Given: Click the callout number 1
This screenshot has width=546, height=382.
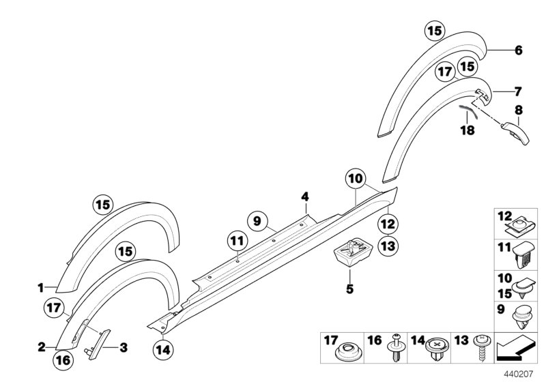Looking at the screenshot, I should (x=40, y=287).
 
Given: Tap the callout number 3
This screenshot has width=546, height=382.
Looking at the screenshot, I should (x=124, y=347).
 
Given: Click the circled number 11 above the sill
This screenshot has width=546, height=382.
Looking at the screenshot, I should (x=236, y=240).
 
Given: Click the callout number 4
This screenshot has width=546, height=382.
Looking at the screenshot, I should (x=306, y=197).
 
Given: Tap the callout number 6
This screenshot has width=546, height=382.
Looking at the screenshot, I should (x=518, y=50).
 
